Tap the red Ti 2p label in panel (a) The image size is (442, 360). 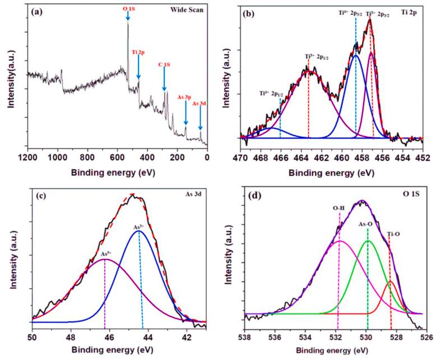point(138,53)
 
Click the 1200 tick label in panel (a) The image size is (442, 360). point(27,158)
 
